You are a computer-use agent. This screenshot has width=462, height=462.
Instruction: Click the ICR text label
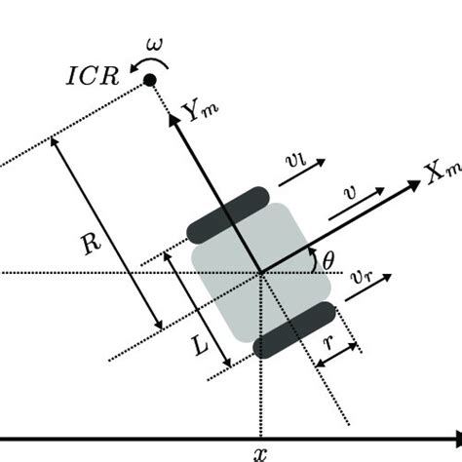pyautogui.click(x=93, y=77)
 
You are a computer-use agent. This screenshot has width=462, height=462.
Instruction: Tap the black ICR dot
pyautogui.click(x=150, y=80)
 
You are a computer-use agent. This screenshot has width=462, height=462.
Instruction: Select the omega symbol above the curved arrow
pyautogui.click(x=154, y=45)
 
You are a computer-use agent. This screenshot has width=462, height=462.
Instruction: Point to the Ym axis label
pyautogui.click(x=200, y=112)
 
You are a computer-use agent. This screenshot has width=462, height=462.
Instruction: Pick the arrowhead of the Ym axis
pyautogui.click(x=173, y=120)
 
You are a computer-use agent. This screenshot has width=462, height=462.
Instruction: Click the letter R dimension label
pyautogui.click(x=92, y=244)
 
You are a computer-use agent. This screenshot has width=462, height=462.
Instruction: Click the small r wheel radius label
pyautogui.click(x=328, y=342)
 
